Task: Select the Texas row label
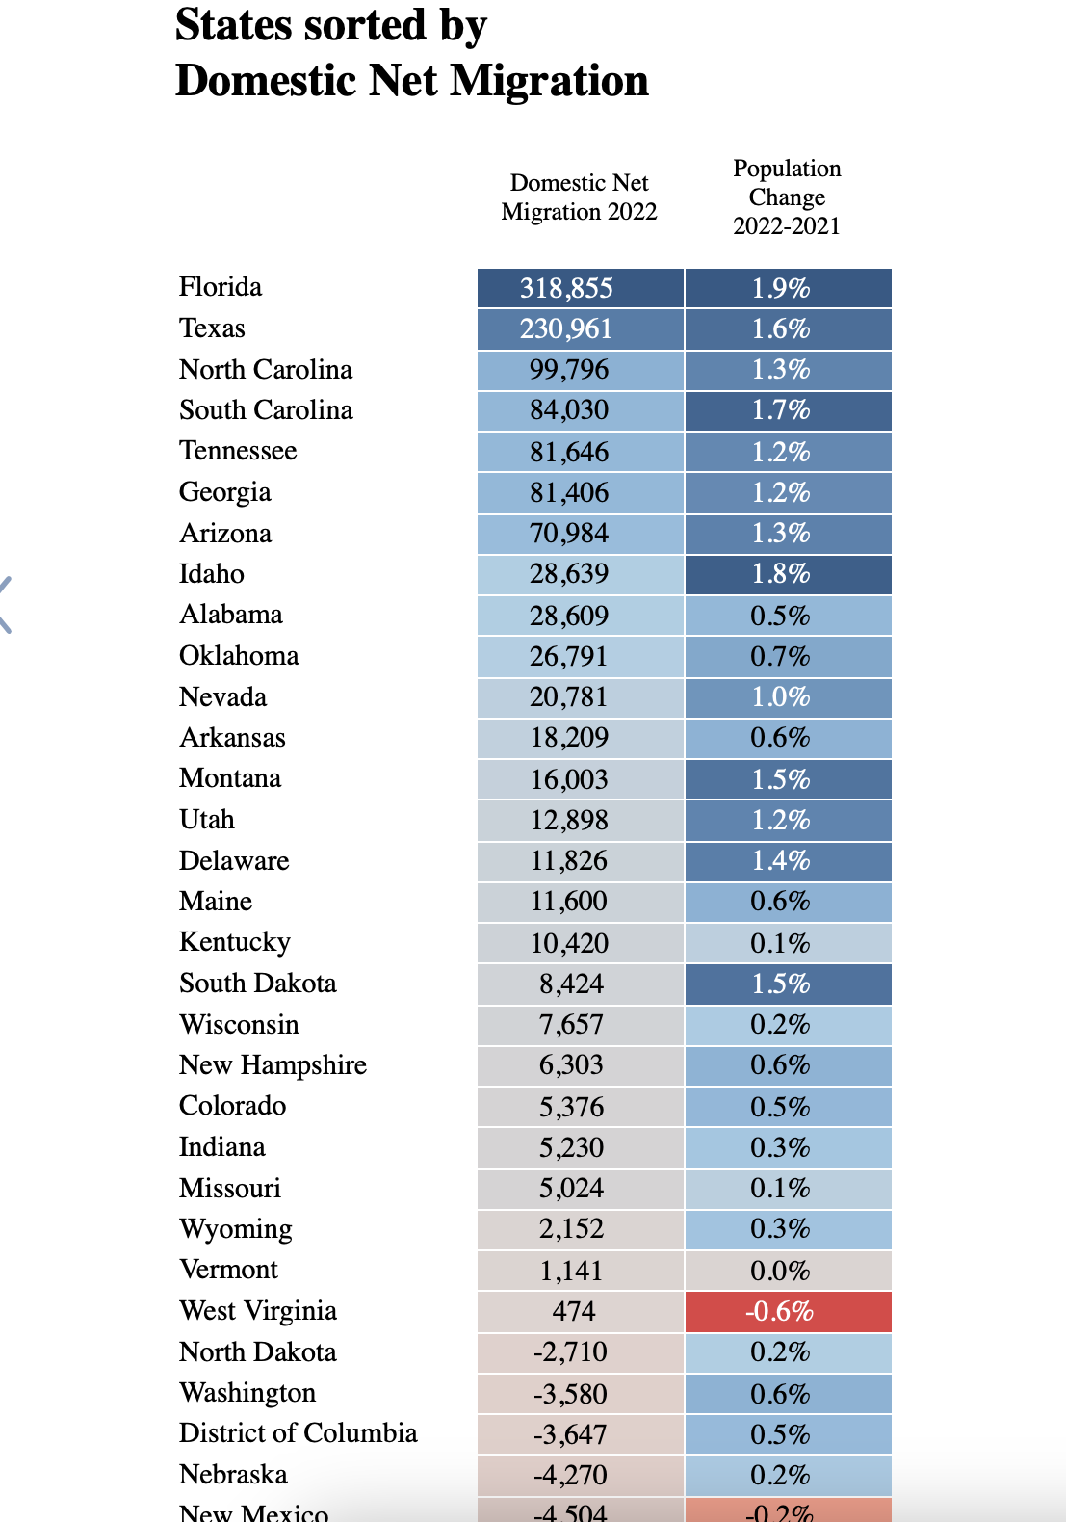pyautogui.click(x=212, y=328)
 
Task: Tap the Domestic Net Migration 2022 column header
pyautogui.click(x=579, y=197)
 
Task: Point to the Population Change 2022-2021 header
pyautogui.click(x=787, y=197)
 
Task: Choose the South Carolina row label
pyautogui.click(x=266, y=410)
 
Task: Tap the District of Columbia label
pyautogui.click(x=298, y=1433)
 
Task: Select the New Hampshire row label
pyautogui.click(x=273, y=1065)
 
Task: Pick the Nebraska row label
pyautogui.click(x=233, y=1475)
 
